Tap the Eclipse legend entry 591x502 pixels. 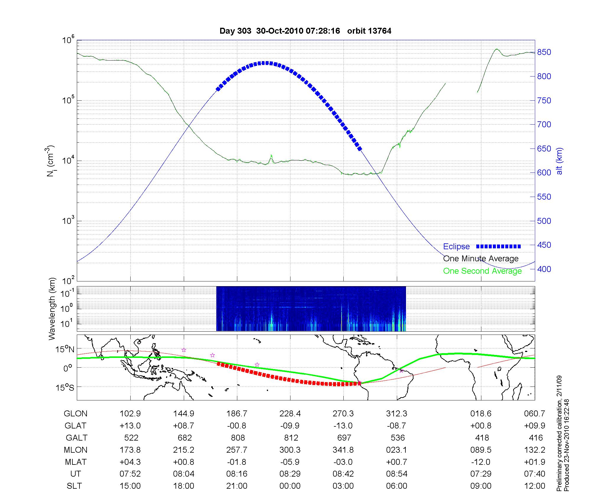click(456, 247)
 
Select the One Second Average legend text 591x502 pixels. click(482, 271)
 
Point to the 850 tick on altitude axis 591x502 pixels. click(544, 52)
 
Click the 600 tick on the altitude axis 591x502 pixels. click(544, 173)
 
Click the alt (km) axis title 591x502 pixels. click(559, 161)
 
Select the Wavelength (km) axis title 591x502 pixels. click(52, 309)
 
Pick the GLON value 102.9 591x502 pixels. click(130, 414)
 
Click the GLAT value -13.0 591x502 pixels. click(343, 426)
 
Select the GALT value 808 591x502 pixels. click(238, 438)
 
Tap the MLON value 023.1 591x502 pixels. click(397, 450)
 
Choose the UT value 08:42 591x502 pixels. click(343, 474)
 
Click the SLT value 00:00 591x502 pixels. click(290, 486)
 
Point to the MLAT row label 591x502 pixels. click(76, 462)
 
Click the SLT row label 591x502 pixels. click(74, 486)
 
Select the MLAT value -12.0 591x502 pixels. click(481, 462)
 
